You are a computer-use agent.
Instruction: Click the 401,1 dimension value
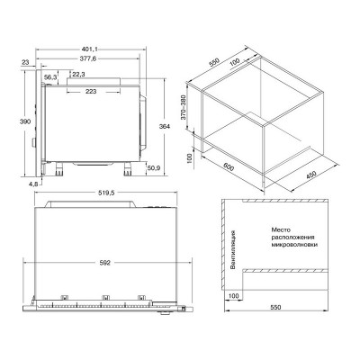click(x=90, y=49)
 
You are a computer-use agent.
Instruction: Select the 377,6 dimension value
click(x=88, y=58)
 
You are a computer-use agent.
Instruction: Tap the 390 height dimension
click(x=25, y=121)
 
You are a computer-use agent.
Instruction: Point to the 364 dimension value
click(x=165, y=126)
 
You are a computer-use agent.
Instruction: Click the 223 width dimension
click(x=91, y=91)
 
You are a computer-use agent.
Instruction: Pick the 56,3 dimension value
click(x=50, y=77)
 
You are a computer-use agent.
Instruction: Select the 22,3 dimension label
click(x=78, y=74)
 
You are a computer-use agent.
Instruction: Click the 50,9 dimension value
click(x=153, y=168)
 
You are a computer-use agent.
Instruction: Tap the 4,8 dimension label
click(x=33, y=184)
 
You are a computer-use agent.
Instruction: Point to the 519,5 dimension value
click(x=106, y=193)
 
